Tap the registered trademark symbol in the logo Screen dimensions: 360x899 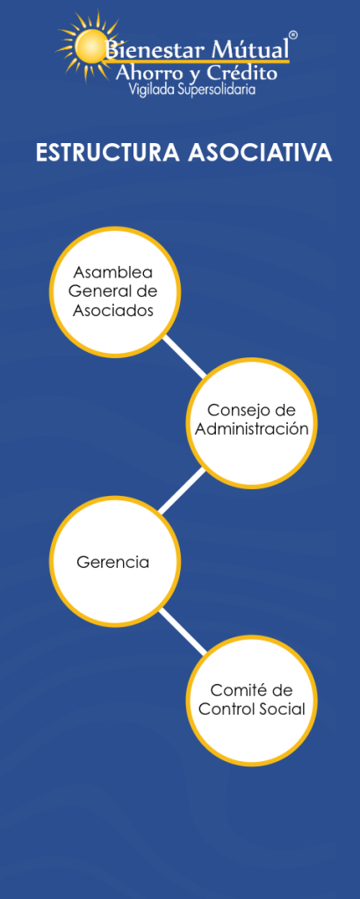point(293,35)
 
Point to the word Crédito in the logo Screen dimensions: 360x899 point(243,72)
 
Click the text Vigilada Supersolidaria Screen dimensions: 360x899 point(192,90)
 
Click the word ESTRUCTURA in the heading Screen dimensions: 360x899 point(109,153)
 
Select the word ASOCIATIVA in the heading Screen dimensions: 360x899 point(260,153)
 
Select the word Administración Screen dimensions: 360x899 point(252,429)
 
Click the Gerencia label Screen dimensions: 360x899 point(112,562)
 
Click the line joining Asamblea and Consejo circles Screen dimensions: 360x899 point(184,357)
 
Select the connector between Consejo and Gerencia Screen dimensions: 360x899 point(182,491)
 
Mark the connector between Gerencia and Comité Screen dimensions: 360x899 point(183,631)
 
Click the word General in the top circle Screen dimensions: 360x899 point(97,291)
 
